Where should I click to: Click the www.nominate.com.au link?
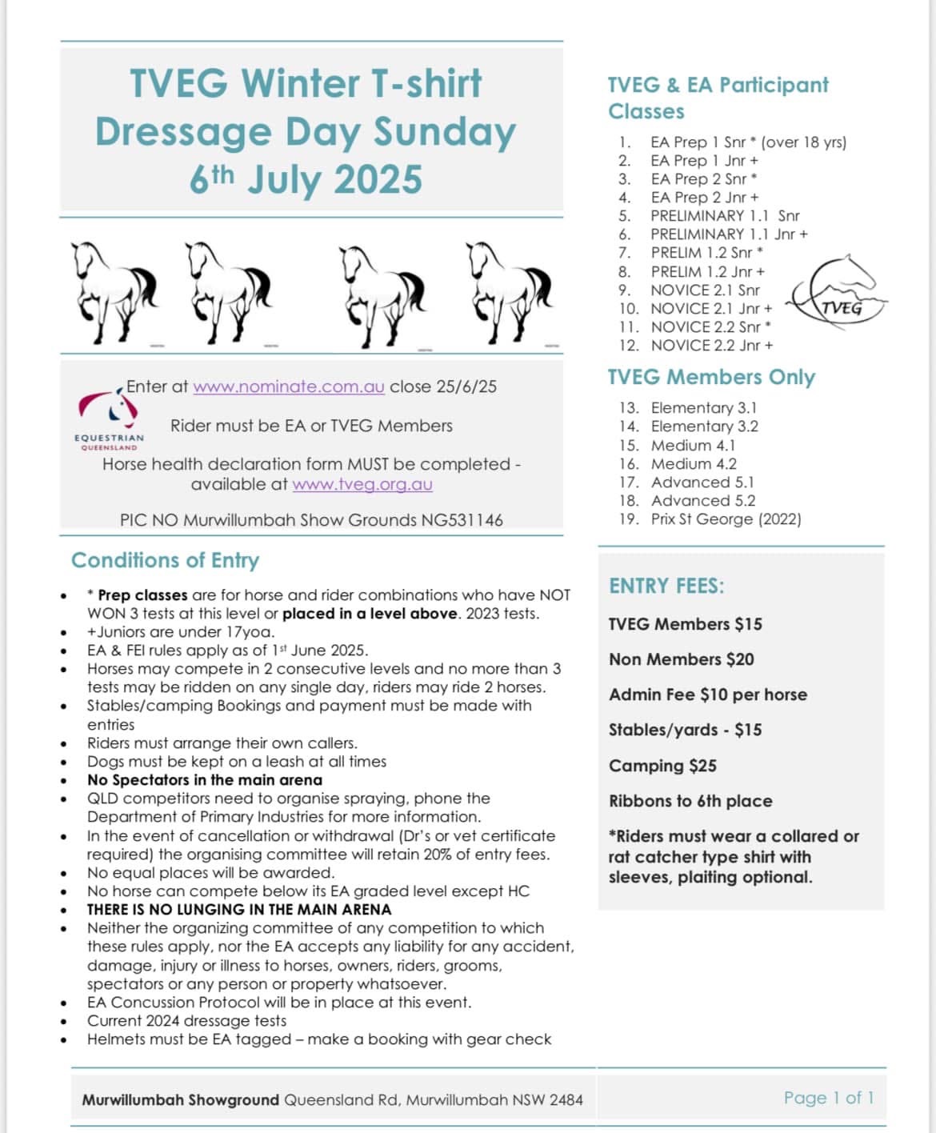click(289, 386)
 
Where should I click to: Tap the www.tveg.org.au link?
click(362, 484)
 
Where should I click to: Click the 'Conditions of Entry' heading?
click(165, 560)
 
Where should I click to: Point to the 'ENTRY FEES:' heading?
click(666, 586)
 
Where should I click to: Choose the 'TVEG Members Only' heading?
click(711, 377)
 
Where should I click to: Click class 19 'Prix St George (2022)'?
click(726, 518)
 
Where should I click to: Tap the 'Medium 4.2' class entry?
click(694, 463)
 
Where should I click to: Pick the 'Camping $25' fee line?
click(662, 766)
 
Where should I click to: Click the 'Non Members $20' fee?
click(681, 659)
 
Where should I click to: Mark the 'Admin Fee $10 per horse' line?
click(707, 695)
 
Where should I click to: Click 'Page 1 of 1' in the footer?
click(829, 1098)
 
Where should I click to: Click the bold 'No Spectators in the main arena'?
click(205, 780)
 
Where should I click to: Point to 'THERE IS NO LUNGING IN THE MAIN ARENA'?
click(239, 910)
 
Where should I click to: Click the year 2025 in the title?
click(378, 179)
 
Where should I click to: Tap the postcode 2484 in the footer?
click(566, 1100)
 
